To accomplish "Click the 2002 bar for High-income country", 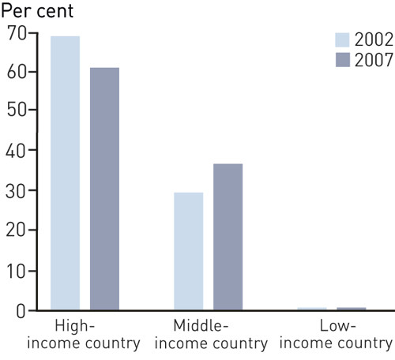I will click(x=65, y=173).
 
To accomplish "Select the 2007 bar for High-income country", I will click(x=104, y=189).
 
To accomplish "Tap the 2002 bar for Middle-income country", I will click(x=188, y=251).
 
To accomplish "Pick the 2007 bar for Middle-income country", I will click(x=228, y=237).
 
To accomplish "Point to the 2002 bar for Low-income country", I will click(x=311, y=309).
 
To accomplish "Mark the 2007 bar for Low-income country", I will click(x=351, y=309).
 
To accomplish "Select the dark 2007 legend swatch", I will click(x=341, y=59).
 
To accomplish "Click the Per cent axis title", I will click(x=37, y=11).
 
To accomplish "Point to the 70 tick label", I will click(x=14, y=32).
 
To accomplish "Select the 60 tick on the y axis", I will click(x=14, y=72).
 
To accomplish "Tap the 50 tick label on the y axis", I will click(x=14, y=111).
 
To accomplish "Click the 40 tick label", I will click(x=14, y=151).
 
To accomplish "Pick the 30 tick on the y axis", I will click(x=14, y=191).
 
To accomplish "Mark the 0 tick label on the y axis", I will click(x=20, y=311).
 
